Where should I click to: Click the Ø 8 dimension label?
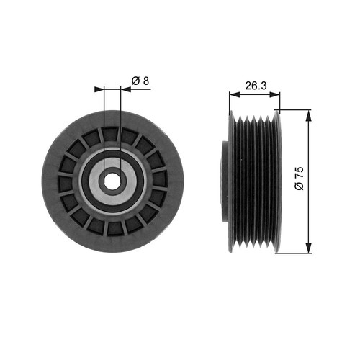(140, 81)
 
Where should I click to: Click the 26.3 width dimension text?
(256, 86)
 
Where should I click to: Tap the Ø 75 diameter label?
(300, 179)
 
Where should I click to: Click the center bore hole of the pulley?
(113, 181)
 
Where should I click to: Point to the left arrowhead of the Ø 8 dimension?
(99, 89)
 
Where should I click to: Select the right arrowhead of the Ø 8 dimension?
(126, 89)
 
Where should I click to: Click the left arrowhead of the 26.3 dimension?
(235, 94)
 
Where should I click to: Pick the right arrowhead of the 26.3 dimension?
(275, 94)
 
